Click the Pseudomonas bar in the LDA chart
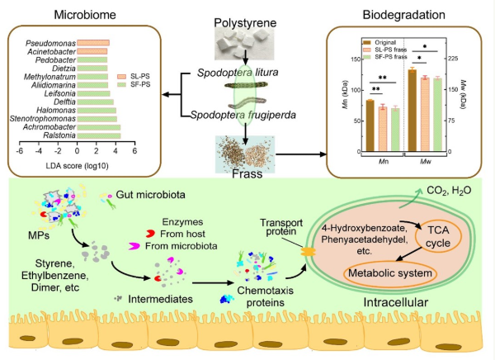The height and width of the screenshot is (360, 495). [x=93, y=43]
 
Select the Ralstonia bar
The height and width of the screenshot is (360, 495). [x=99, y=135]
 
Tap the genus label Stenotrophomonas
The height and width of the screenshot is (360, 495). [x=43, y=119]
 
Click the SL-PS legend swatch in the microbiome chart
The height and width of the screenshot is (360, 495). [x=121, y=77]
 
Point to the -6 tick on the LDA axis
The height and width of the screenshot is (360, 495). [x=20, y=151]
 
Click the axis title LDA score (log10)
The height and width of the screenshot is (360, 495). [x=77, y=166]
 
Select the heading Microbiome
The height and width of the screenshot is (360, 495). [x=85, y=15]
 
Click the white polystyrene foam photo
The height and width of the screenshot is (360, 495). [x=244, y=44]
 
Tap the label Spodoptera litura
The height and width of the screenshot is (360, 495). [x=238, y=73]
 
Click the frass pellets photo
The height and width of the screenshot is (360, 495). [x=245, y=154]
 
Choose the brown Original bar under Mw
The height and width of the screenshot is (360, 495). [x=412, y=110]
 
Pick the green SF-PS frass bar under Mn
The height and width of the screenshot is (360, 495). [x=395, y=129]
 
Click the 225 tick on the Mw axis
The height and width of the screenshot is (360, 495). [x=453, y=59]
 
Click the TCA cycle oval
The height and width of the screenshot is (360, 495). [x=439, y=237]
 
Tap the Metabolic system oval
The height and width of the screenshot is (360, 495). [x=390, y=273]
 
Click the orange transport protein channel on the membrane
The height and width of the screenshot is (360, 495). [x=308, y=252]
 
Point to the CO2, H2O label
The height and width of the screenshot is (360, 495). [x=449, y=191]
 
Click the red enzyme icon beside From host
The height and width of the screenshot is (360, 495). [x=150, y=234]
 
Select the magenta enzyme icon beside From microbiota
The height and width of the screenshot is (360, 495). [x=134, y=246]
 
